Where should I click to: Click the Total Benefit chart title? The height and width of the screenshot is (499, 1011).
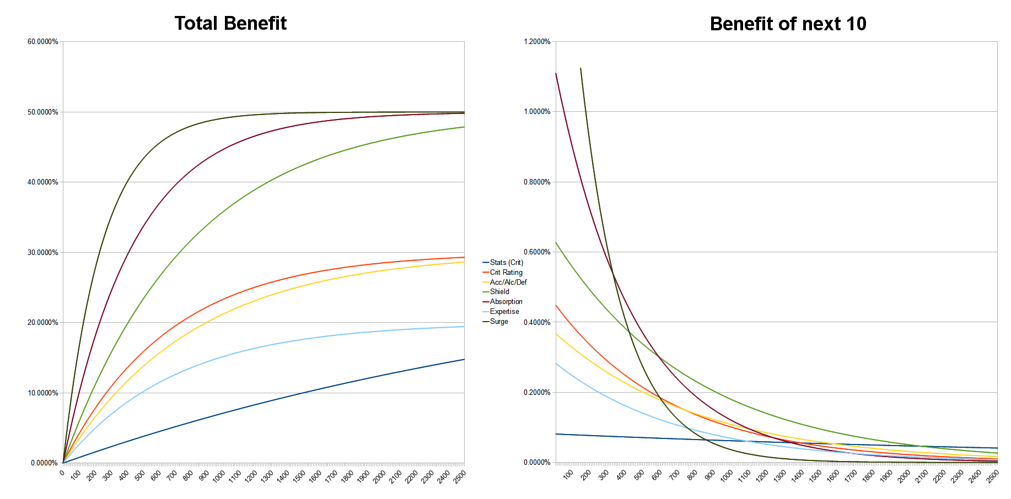tap(230, 23)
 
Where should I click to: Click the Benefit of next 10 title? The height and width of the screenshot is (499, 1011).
tap(788, 24)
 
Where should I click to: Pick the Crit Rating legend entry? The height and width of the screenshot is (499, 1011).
tap(505, 273)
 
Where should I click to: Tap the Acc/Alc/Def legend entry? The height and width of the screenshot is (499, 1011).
tap(508, 283)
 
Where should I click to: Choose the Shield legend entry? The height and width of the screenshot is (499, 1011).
tap(499, 292)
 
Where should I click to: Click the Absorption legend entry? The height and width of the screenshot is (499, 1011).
tap(505, 302)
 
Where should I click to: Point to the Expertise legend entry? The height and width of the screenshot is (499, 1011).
tap(504, 312)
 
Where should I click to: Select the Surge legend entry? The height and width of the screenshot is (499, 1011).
tap(499, 322)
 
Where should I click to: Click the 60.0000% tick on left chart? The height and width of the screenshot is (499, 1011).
tap(42, 42)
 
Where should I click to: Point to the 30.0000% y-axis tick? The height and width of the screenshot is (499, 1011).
tap(42, 253)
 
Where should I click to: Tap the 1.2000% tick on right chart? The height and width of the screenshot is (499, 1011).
tap(536, 42)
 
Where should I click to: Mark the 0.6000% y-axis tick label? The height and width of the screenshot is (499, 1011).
tap(536, 252)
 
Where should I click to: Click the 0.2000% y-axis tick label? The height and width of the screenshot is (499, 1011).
tap(536, 393)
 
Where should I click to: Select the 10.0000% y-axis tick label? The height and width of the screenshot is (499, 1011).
tap(42, 393)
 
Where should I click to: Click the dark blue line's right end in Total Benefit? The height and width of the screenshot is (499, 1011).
tap(464, 360)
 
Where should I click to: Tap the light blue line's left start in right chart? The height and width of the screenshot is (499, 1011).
tap(556, 364)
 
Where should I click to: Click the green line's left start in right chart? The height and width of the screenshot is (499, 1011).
tap(556, 242)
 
